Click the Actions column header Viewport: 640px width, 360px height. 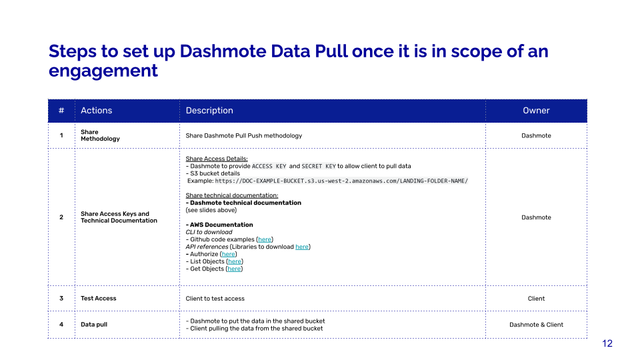click(96, 110)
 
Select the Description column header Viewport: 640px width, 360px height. click(209, 110)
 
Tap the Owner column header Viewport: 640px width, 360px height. click(536, 110)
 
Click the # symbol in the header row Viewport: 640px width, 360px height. click(61, 110)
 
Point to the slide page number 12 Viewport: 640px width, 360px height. click(607, 343)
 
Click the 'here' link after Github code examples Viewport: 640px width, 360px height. click(265, 239)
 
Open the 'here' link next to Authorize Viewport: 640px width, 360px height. click(229, 254)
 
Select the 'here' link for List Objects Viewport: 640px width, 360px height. click(235, 261)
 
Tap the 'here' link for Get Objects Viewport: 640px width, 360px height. click(234, 269)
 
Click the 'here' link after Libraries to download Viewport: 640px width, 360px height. click(302, 247)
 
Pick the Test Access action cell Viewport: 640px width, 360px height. click(99, 299)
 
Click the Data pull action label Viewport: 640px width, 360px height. click(94, 325)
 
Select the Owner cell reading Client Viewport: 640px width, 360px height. click(536, 299)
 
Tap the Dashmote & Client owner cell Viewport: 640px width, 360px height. click(536, 325)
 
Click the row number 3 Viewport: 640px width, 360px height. click(61, 299)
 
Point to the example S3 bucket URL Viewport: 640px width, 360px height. click(341, 181)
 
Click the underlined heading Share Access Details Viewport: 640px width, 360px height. click(217, 159)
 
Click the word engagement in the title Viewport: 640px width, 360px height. click(103, 71)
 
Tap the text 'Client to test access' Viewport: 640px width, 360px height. click(215, 299)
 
